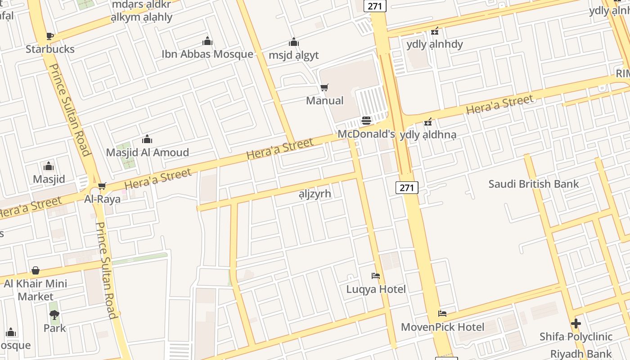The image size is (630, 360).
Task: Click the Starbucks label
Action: [50, 49]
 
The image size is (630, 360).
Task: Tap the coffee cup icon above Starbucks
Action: [49, 36]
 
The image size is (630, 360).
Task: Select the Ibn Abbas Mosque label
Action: [207, 54]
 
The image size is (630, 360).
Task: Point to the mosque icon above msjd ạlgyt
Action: [294, 42]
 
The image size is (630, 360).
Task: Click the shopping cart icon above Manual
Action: [324, 87]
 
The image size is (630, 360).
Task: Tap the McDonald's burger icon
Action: [366, 121]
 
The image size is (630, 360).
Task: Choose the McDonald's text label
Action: [366, 134]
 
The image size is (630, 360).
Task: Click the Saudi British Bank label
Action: [534, 184]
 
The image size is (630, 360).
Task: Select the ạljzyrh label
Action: [315, 194]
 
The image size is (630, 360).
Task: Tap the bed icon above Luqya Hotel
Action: [376, 276]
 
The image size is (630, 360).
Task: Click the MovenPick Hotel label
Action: [442, 327]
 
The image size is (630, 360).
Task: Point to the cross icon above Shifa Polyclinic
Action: [576, 324]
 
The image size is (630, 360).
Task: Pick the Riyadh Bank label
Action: [581, 354]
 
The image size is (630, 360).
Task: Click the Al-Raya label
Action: [103, 199]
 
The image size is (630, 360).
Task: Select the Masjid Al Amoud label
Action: [147, 153]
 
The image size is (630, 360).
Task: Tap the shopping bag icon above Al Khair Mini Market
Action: [36, 270]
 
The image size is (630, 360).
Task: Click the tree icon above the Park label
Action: [54, 315]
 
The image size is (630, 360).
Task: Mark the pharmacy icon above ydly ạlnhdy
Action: [434, 31]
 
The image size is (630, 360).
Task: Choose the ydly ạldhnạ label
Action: [428, 135]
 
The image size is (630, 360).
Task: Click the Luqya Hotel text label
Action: [376, 289]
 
